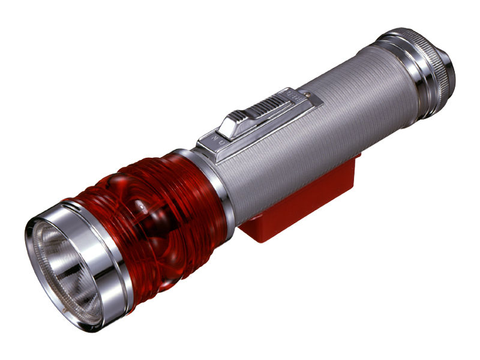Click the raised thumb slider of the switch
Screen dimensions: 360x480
(252, 117)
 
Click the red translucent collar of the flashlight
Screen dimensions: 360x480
(156, 210)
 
